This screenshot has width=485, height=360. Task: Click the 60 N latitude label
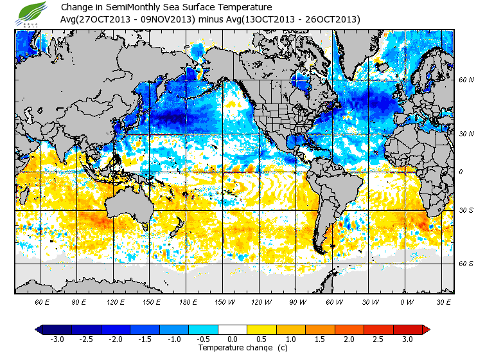pos(466,80)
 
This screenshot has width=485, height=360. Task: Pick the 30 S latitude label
pos(466,210)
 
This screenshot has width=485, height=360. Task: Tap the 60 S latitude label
pos(466,264)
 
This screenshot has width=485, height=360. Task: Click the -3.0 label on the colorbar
pos(57,339)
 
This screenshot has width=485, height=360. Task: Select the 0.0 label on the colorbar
pos(232,339)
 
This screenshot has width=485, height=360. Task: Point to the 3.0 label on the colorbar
pos(407,339)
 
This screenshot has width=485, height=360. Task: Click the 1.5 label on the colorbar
pos(320,339)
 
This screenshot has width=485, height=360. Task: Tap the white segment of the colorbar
pos(232,330)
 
